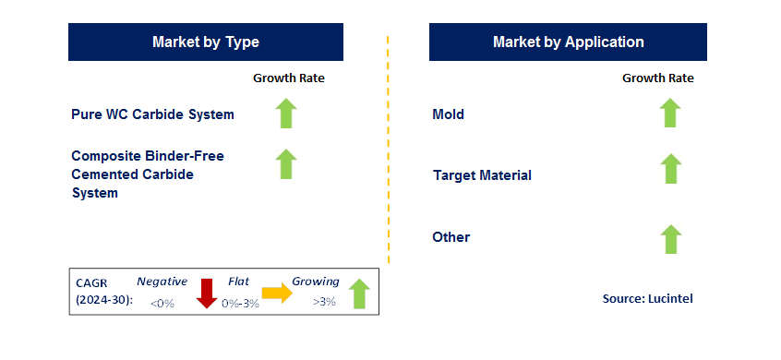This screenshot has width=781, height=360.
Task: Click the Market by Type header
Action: tap(206, 42)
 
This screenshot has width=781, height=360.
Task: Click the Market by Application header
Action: tap(568, 42)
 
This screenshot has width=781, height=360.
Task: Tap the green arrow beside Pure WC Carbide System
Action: tap(286, 114)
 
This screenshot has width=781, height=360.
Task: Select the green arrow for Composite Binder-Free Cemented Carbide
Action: tap(286, 163)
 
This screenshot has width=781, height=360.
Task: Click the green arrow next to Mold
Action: tap(670, 113)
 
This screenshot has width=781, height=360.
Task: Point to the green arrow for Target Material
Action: tap(670, 168)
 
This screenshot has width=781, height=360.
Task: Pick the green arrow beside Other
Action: tap(670, 239)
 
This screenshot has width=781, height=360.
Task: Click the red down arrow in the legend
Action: tap(206, 294)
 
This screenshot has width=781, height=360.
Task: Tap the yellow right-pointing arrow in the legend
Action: tap(278, 294)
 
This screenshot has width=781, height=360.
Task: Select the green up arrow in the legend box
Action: tap(359, 294)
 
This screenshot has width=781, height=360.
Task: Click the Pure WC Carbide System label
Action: tap(152, 114)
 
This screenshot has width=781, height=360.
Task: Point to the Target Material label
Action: tap(482, 175)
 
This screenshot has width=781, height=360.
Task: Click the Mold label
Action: tap(449, 114)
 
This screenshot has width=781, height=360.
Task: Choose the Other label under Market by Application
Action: tap(451, 237)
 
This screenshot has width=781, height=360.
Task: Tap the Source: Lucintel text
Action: tap(647, 299)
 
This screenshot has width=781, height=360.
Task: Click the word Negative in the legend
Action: tap(162, 282)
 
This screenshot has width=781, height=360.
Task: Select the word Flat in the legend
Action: tap(238, 282)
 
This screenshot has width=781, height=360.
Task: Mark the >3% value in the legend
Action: tap(324, 302)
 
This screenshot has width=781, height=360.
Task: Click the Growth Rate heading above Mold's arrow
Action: tap(658, 78)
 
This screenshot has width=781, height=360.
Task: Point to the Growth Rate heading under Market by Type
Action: tap(289, 78)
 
